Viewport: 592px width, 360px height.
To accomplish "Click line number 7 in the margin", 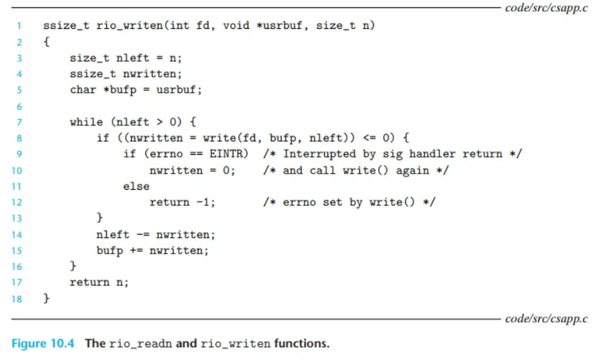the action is coord(20,122).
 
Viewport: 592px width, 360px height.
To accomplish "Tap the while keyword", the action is coord(86,122).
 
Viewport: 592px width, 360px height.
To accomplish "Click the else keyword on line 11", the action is coord(136,186).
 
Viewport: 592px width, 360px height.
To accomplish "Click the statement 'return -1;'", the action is coord(182,202).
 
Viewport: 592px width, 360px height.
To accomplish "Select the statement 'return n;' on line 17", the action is coord(99,282).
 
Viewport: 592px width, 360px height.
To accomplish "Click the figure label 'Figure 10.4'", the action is coord(45,343).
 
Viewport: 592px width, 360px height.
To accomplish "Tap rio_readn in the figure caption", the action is coord(139,343).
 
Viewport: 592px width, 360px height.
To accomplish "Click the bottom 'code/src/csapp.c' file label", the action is coord(546,318).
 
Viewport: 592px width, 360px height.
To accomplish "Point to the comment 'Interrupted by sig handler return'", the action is coord(393,154).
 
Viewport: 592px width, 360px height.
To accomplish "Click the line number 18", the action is coord(18,298).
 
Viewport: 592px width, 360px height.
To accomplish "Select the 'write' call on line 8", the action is coord(205,138).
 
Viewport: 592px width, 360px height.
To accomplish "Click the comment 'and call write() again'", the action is coord(356,170).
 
